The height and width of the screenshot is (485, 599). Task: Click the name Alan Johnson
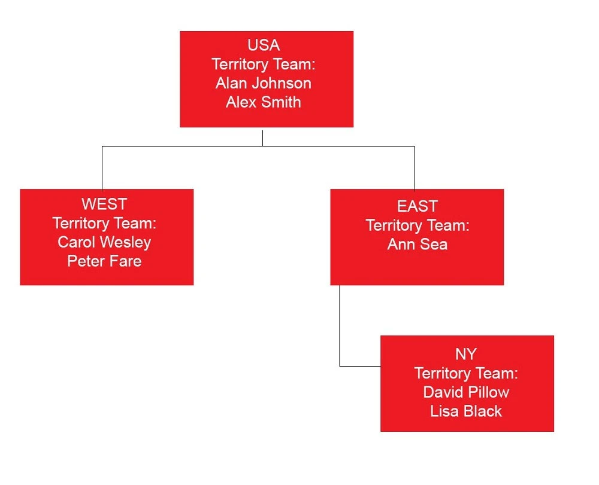pyautogui.click(x=263, y=83)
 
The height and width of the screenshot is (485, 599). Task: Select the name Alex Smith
pyautogui.click(x=263, y=102)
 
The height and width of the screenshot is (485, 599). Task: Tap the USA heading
pyautogui.click(x=263, y=45)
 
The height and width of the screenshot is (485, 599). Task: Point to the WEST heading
pyautogui.click(x=104, y=204)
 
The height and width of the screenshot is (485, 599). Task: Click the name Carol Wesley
pyautogui.click(x=104, y=242)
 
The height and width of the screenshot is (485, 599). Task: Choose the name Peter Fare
pyautogui.click(x=104, y=261)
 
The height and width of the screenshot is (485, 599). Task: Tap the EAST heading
pyautogui.click(x=417, y=206)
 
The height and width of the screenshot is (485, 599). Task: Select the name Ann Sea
pyautogui.click(x=417, y=245)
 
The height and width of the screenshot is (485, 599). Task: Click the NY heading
pyautogui.click(x=465, y=354)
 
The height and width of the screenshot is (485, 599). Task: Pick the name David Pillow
pyautogui.click(x=465, y=392)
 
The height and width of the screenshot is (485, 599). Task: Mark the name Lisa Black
pyautogui.click(x=465, y=411)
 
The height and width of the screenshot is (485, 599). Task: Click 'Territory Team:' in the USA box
pyautogui.click(x=263, y=65)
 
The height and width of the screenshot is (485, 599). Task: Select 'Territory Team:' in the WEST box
pyautogui.click(x=104, y=223)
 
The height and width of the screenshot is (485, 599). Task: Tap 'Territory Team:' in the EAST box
pyautogui.click(x=417, y=225)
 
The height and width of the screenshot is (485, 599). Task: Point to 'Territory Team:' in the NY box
pyautogui.click(x=465, y=373)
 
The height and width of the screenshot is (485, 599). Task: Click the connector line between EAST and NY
pyautogui.click(x=340, y=335)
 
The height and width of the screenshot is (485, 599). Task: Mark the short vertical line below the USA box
pyautogui.click(x=262, y=137)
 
